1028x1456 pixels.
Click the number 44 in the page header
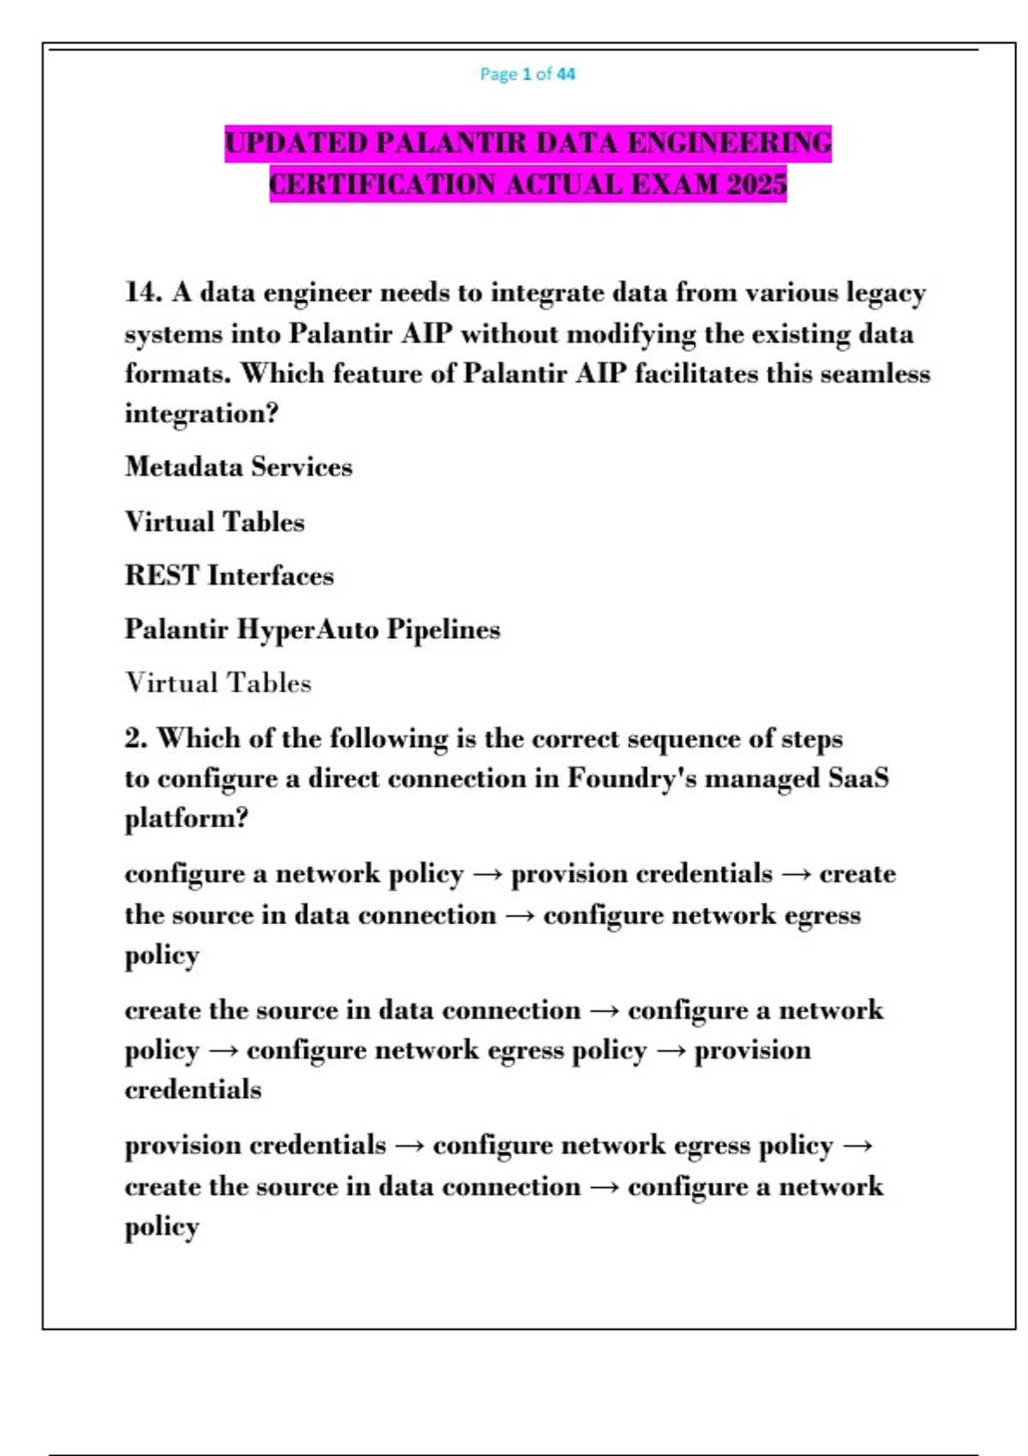click(565, 75)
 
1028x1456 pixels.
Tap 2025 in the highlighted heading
click(756, 185)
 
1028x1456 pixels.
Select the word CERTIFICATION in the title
click(382, 185)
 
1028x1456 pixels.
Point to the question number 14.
click(142, 293)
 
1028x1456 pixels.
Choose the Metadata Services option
click(238, 467)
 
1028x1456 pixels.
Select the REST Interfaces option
click(229, 576)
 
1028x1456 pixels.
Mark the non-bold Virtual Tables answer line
click(218, 683)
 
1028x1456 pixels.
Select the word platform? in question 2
click(186, 819)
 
